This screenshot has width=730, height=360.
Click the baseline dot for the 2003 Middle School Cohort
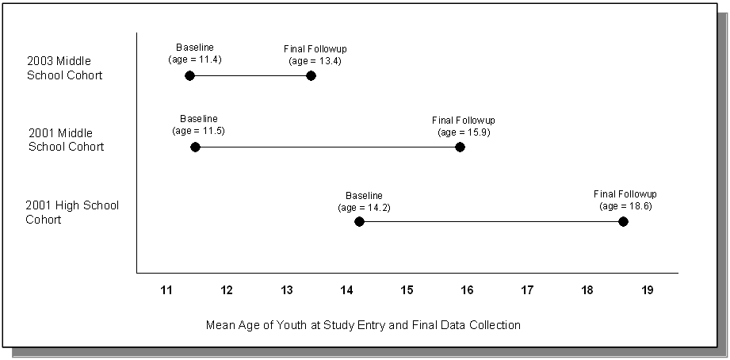(189, 75)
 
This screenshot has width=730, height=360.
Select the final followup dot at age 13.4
(311, 75)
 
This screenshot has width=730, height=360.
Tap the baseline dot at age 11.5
(196, 147)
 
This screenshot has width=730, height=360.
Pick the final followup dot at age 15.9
(460, 147)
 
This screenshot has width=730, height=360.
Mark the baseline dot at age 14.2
(359, 221)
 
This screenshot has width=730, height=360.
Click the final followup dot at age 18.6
(623, 221)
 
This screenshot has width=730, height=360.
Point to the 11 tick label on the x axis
(166, 290)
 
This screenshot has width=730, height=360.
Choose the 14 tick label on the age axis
(346, 290)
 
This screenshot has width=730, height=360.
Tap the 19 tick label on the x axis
(647, 290)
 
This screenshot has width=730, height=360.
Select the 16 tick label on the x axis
(467, 290)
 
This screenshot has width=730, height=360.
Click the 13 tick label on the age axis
(286, 290)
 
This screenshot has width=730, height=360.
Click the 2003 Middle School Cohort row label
(65, 68)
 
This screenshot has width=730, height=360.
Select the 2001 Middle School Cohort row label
(67, 140)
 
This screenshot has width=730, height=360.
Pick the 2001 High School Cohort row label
(72, 213)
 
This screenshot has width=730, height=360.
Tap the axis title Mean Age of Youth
(363, 325)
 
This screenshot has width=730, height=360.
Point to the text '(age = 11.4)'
(194, 59)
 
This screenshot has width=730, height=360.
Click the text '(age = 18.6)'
(625, 205)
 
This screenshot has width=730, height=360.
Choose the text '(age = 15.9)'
(464, 132)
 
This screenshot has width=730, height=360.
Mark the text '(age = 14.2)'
(364, 208)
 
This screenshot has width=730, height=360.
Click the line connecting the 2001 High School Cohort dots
(491, 221)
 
